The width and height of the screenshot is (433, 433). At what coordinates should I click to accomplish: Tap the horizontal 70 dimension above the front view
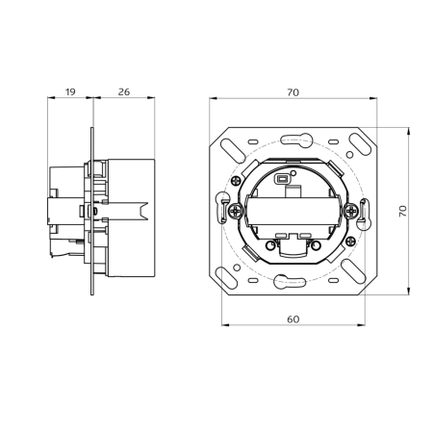[x=292, y=91]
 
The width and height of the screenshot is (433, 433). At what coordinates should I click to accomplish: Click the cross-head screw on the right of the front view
[x=349, y=209]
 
